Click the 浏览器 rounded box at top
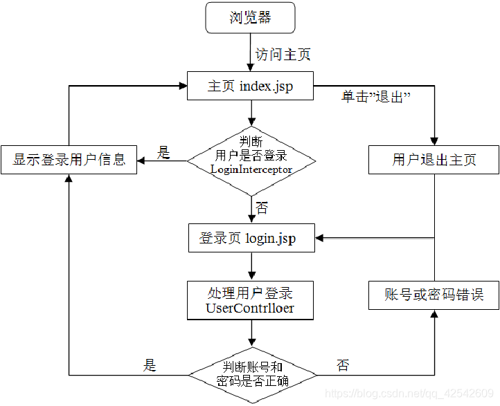click(x=250, y=17)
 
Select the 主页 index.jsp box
click(x=250, y=86)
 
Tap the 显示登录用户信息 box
click(x=69, y=160)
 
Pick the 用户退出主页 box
click(x=434, y=160)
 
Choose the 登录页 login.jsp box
click(x=250, y=239)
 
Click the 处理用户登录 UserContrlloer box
click(x=250, y=299)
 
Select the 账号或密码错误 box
click(x=434, y=295)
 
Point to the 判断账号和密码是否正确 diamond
click(x=252, y=374)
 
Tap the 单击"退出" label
click(x=377, y=98)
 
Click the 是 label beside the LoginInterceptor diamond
click(x=163, y=153)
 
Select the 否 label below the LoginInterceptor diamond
click(x=262, y=207)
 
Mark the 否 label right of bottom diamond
click(x=343, y=365)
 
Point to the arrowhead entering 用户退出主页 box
click(x=434, y=141)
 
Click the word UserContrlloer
click(x=250, y=308)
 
